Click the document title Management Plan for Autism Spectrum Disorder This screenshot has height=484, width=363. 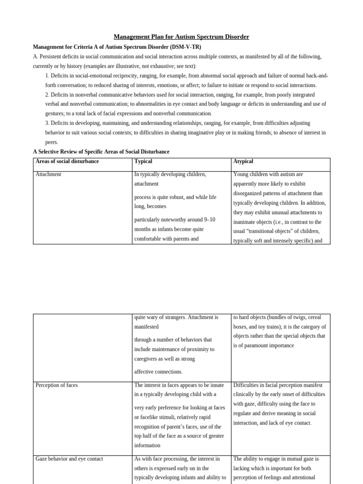pos(181,37)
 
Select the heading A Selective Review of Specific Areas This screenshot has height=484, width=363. pos(101,152)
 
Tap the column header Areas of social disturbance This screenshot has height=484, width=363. pos(67,162)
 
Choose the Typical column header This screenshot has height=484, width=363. pos(143,162)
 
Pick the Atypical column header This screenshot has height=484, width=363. pos(243,162)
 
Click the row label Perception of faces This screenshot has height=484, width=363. pos(56,385)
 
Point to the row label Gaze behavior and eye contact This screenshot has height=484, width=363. pos(69,459)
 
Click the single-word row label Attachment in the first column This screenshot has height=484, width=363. pos(48,174)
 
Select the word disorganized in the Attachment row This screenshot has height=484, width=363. pos(251,193)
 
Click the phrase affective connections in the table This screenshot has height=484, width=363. pos(158,372)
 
